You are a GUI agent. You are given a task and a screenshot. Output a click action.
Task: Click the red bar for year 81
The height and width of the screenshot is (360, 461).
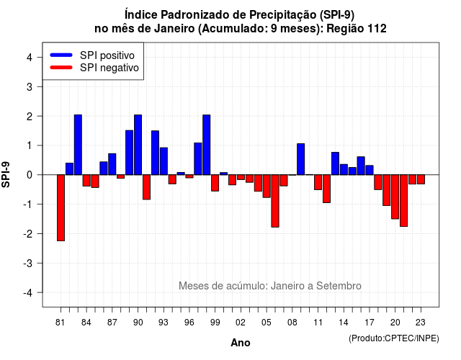point(61,208)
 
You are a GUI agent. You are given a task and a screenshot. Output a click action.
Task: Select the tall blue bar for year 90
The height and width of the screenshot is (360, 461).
point(138,145)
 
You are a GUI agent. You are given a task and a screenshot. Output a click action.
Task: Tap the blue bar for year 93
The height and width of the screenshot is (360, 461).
point(164,161)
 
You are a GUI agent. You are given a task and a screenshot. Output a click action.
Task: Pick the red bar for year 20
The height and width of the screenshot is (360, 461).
point(395,197)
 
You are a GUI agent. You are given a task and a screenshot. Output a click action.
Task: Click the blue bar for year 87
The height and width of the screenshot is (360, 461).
point(112,164)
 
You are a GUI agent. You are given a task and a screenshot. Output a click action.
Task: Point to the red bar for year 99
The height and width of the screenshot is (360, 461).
point(215,183)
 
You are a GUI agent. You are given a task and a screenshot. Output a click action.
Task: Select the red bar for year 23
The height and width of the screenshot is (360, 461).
point(421,179)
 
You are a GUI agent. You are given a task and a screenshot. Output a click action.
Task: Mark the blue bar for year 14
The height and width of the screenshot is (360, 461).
point(344,170)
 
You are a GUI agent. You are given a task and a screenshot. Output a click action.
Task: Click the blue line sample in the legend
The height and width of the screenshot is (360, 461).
point(61,55)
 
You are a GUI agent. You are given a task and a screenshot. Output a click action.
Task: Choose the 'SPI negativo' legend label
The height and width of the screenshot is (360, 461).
point(109,68)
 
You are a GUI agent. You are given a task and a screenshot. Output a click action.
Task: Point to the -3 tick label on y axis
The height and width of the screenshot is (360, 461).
point(29,264)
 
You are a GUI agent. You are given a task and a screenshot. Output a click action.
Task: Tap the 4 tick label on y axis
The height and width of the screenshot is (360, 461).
point(30,58)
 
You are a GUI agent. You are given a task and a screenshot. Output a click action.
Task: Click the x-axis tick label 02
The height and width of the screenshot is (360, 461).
point(241,323)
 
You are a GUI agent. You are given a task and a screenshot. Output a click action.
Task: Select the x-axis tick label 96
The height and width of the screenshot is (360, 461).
point(189,323)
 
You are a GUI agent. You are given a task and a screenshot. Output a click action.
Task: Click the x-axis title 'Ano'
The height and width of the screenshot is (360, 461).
point(241,343)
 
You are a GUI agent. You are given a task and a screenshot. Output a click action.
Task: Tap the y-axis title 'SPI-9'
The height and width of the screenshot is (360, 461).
point(6,174)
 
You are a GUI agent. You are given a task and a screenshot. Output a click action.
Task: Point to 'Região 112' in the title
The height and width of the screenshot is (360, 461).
point(357,29)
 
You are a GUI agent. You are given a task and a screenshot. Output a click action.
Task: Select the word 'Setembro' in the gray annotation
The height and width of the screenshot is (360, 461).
point(339,286)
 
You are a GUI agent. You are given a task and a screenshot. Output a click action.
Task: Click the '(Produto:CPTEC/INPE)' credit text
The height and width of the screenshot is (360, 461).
point(394,338)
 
